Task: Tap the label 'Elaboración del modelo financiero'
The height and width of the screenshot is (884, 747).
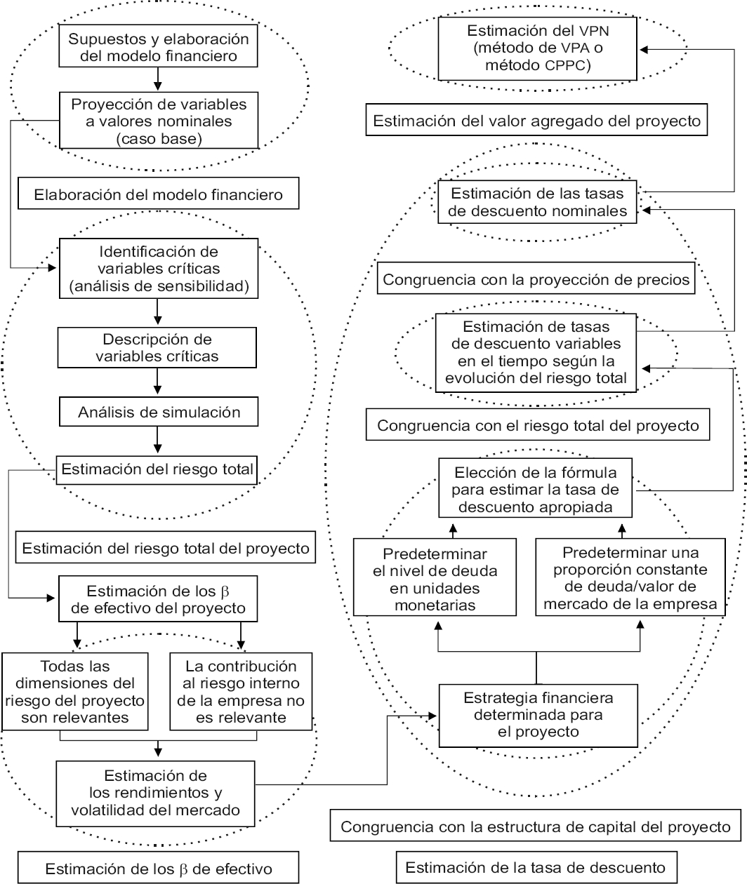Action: [159, 195]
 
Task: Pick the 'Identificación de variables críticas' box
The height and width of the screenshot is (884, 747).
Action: [157, 268]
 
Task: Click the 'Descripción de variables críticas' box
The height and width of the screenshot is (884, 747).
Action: [157, 348]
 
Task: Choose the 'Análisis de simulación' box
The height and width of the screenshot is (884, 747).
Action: [157, 413]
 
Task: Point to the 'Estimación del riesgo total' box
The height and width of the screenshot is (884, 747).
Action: [157, 469]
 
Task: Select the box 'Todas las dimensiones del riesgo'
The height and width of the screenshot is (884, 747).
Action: [74, 691]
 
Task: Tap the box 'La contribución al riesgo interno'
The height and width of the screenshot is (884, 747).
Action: [241, 691]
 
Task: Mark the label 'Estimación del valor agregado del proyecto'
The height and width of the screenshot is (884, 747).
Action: [537, 120]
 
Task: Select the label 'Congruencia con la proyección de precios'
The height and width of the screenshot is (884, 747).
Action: [537, 279]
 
